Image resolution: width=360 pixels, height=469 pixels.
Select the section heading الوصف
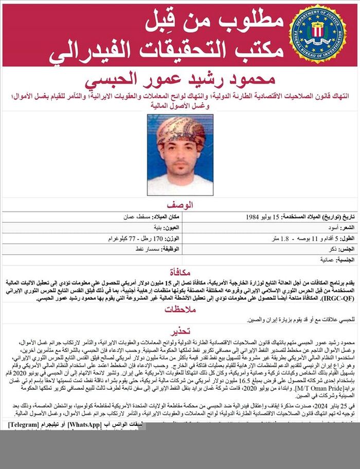tap(180, 205)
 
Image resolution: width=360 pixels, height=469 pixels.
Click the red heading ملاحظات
tap(179, 310)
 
